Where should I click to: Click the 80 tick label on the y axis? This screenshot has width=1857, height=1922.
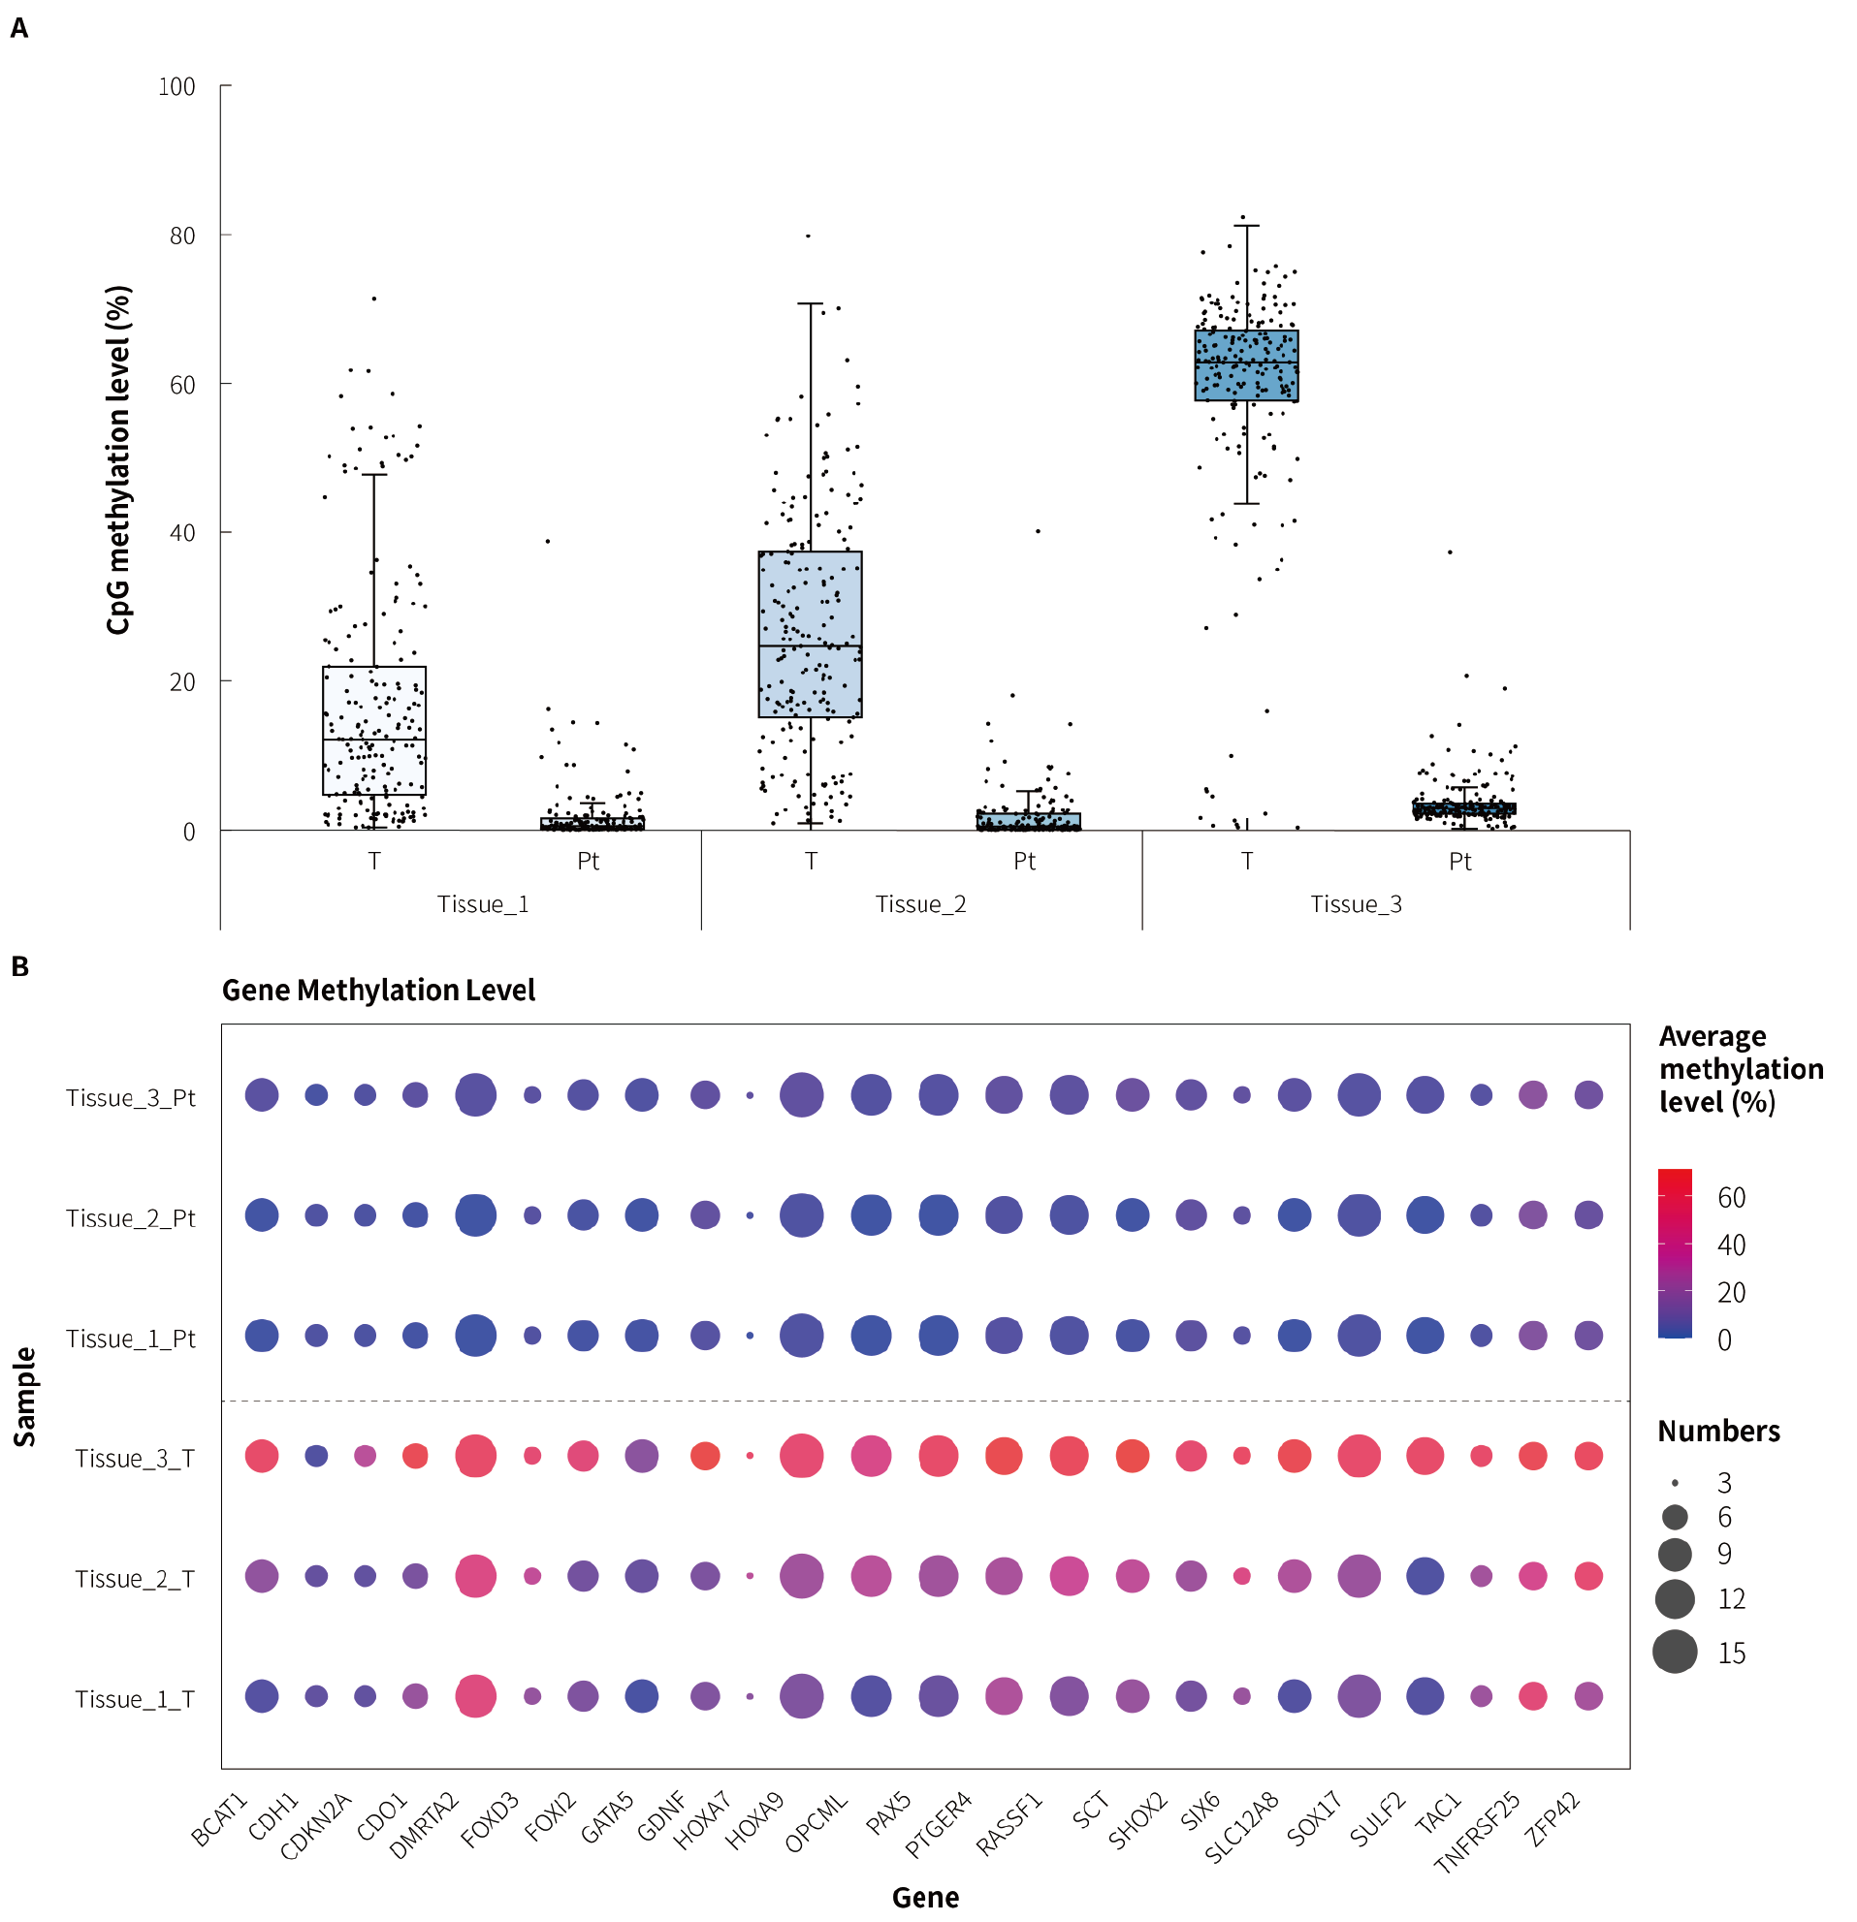coord(182,236)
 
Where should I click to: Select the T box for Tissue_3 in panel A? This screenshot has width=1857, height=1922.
coord(1246,364)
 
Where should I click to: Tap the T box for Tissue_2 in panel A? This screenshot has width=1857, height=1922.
coord(810,634)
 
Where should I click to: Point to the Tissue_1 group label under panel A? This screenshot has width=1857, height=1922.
coord(483,904)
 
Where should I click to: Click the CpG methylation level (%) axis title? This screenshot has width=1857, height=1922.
coord(118,460)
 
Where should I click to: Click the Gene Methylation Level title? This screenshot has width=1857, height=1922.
coord(377,991)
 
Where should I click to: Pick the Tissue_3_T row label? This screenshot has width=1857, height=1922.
coord(135,1459)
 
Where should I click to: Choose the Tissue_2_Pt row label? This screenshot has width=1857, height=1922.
coord(131,1218)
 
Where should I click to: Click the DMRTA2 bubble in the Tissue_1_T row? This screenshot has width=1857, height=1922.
coord(476,1696)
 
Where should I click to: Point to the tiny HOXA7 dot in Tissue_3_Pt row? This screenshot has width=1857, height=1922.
coord(751,1095)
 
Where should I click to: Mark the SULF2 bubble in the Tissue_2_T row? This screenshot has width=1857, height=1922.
coord(1425,1577)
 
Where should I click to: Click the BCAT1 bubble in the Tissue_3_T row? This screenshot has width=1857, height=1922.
coord(262,1456)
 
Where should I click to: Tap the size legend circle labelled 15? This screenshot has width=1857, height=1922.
coord(1675,1653)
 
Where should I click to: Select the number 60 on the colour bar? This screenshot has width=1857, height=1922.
coord(1732,1197)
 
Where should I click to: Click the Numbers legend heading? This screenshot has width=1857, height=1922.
coord(1718,1432)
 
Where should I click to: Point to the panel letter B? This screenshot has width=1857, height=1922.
coord(19,967)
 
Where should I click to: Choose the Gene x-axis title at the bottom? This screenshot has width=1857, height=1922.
coord(925,1898)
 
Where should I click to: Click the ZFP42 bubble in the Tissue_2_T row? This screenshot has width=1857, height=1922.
coord(1588,1577)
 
